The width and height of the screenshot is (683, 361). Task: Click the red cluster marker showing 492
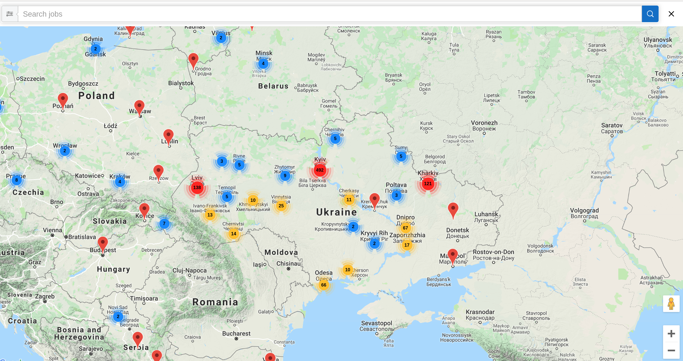click(x=319, y=170)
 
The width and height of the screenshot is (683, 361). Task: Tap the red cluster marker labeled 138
click(x=197, y=187)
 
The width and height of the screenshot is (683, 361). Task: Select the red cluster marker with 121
click(x=428, y=184)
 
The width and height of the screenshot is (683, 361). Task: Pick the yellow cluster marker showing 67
click(x=405, y=228)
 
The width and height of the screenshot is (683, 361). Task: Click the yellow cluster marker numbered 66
click(x=324, y=285)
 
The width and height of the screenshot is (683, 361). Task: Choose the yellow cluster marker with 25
click(x=281, y=206)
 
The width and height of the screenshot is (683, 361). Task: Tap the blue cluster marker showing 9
click(x=285, y=176)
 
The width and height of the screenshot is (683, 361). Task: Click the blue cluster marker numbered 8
click(x=17, y=180)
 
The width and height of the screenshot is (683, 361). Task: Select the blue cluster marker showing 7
click(x=164, y=223)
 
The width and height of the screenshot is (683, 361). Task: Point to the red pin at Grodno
click(x=193, y=61)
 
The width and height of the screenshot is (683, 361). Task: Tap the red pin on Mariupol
click(x=452, y=256)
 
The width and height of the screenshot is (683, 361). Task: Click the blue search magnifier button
click(x=650, y=14)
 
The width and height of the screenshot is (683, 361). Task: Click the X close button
click(x=671, y=14)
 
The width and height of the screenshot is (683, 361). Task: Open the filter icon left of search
click(x=10, y=14)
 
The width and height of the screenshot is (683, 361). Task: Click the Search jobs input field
click(x=330, y=14)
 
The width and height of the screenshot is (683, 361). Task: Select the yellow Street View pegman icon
click(x=671, y=304)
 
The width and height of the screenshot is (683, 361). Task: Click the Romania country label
click(x=215, y=302)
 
